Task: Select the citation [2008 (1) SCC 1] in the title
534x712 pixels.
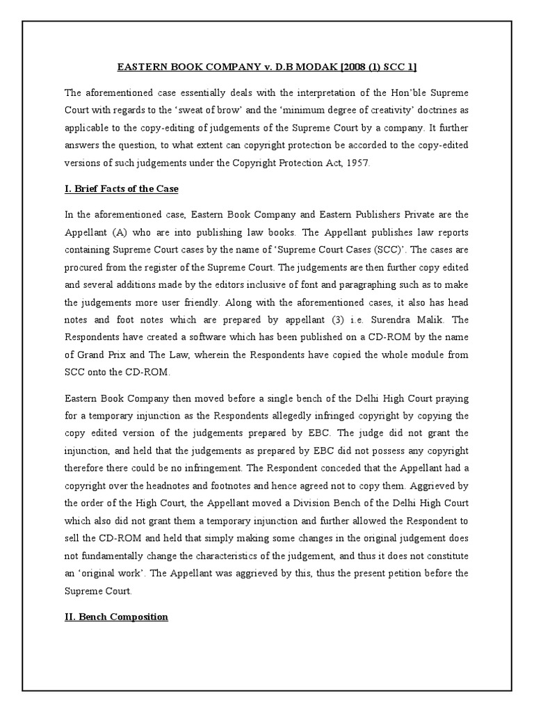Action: coord(382,67)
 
